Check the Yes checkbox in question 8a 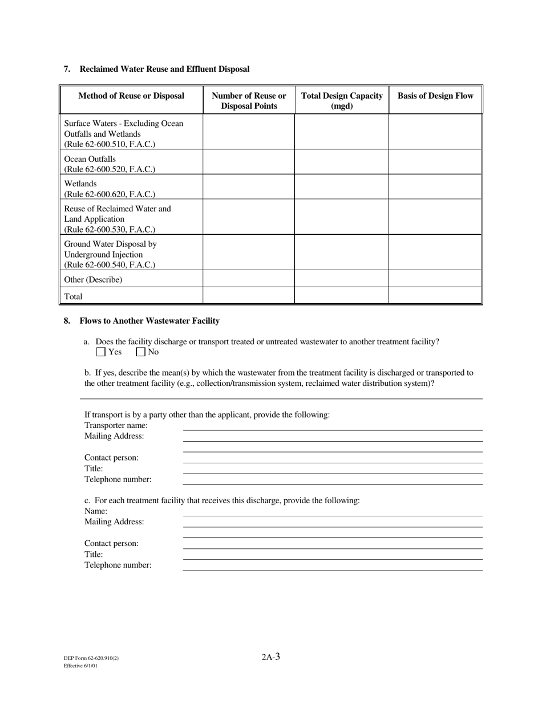[x=101, y=352]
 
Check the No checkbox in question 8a [x=140, y=352]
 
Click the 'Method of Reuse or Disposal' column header [x=131, y=96]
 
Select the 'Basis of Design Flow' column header [x=435, y=96]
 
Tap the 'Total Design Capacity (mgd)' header [x=342, y=101]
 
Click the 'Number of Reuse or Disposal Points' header [x=249, y=101]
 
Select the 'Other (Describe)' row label [x=93, y=280]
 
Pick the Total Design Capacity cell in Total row [x=341, y=296]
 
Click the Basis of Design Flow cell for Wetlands [x=435, y=187]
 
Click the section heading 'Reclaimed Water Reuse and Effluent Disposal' [x=164, y=69]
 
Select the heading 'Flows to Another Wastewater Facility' [x=149, y=321]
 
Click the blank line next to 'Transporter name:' [x=333, y=426]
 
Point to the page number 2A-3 [x=271, y=657]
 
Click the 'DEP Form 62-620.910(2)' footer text [x=91, y=658]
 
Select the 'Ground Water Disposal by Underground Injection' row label [x=110, y=254]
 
